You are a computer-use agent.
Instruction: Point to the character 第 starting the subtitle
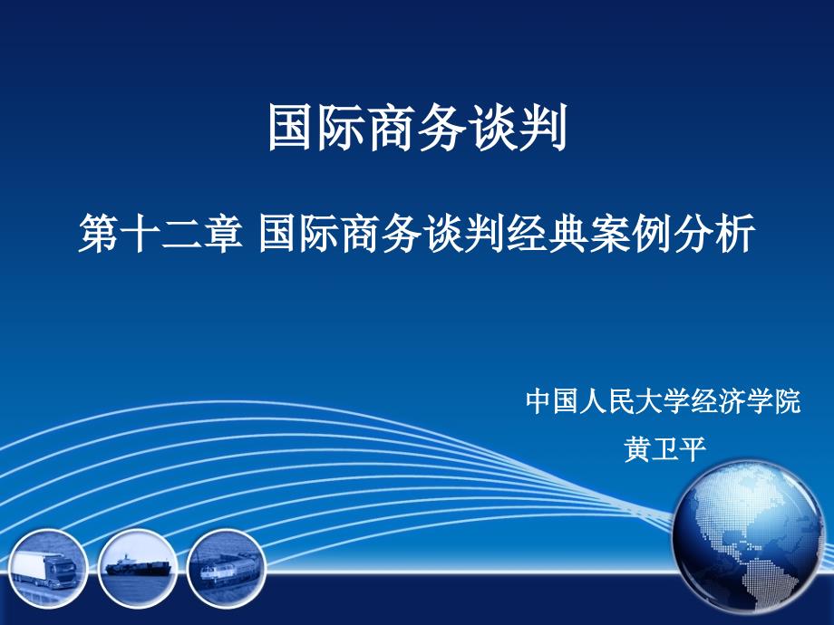click(99, 237)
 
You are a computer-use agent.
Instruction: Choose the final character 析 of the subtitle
click(735, 237)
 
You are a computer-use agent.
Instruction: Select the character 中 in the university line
click(541, 401)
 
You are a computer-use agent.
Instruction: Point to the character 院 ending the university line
click(787, 401)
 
